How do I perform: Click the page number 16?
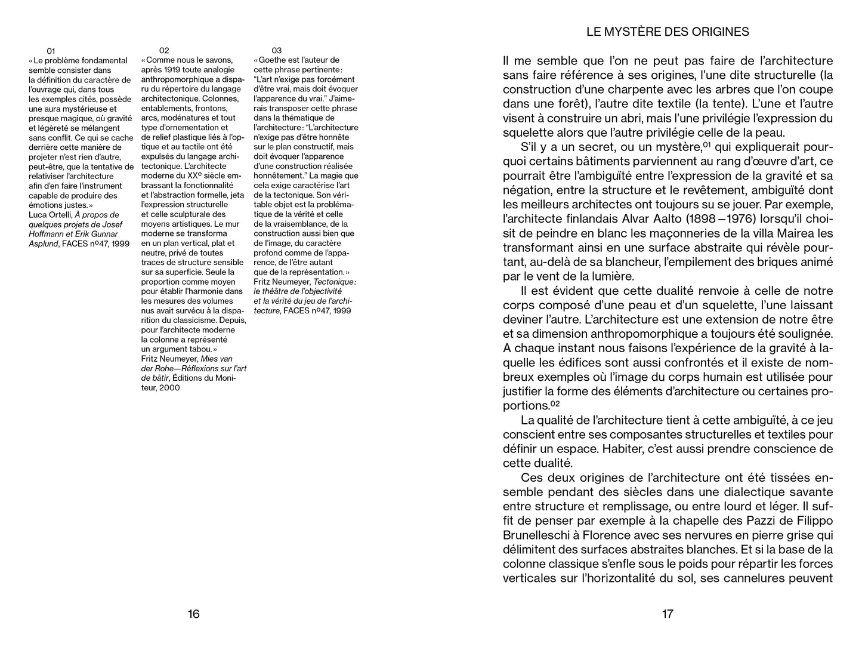tap(193, 614)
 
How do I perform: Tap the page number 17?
tap(668, 614)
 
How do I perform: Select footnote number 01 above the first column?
tap(51, 51)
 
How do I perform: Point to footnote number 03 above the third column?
tap(276, 51)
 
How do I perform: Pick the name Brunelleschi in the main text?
tap(541, 535)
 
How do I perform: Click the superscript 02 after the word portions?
tap(555, 404)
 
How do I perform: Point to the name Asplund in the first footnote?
tap(44, 244)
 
